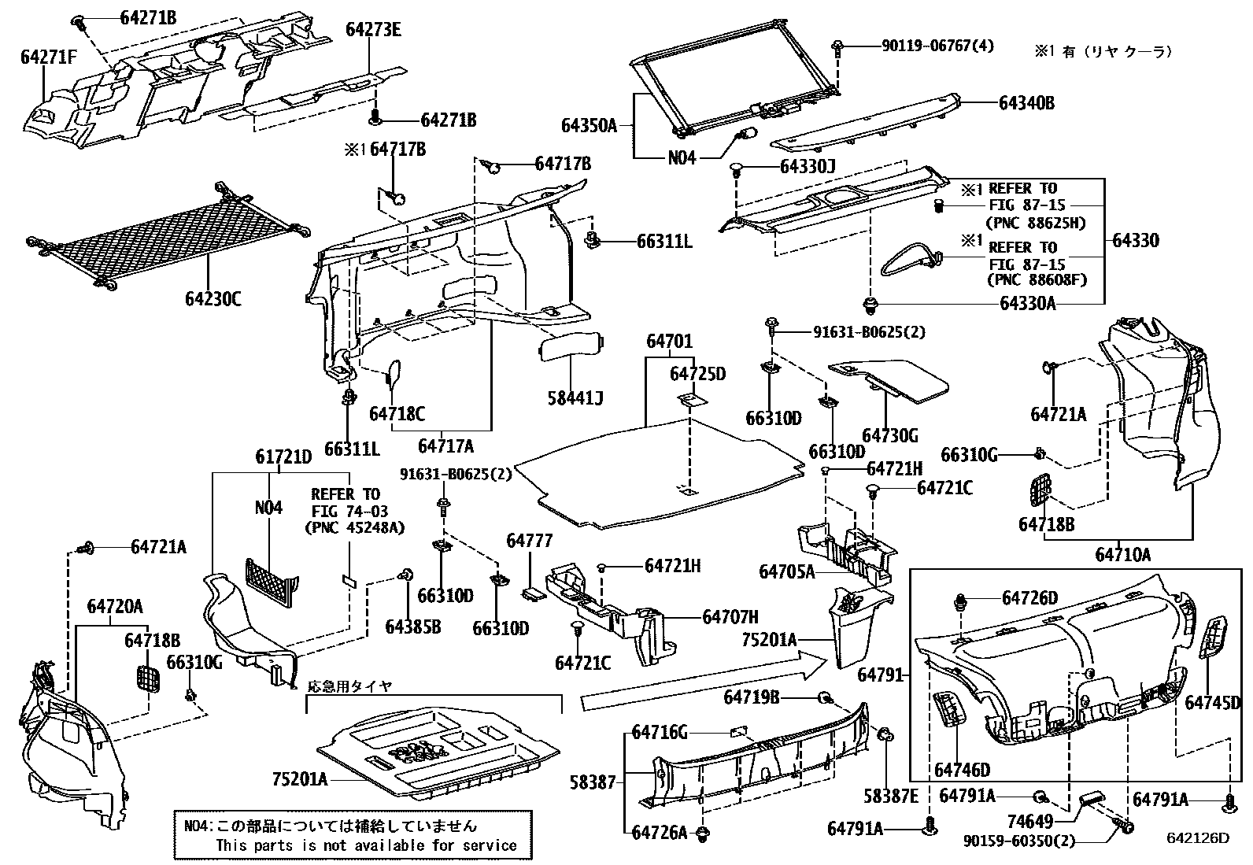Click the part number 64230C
click(x=213, y=299)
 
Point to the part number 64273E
click(x=373, y=30)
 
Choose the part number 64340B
click(x=1027, y=103)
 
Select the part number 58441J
click(x=575, y=398)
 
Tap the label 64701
click(x=669, y=342)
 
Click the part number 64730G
click(x=889, y=436)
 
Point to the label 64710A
click(x=1122, y=555)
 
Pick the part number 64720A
click(x=115, y=606)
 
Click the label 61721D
click(x=283, y=457)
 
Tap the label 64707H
click(x=730, y=617)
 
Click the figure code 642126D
click(x=1197, y=837)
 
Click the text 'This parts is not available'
click(x=315, y=845)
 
